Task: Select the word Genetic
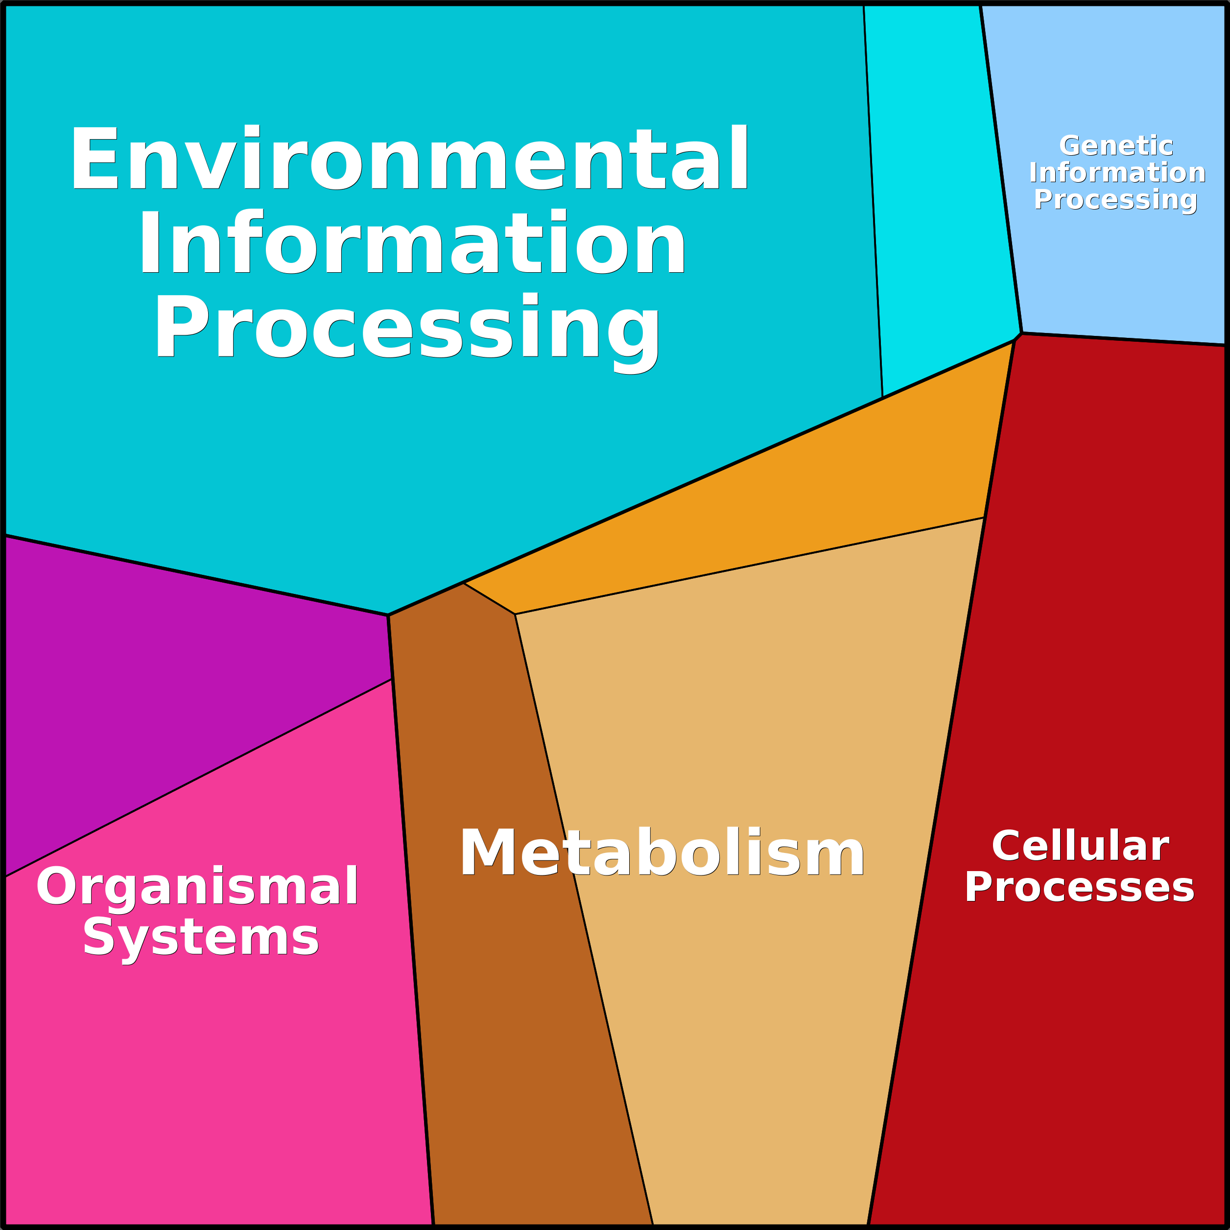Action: click(x=1116, y=146)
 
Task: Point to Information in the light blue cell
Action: click(x=1117, y=172)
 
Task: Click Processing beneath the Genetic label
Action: click(x=1115, y=199)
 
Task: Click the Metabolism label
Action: click(x=662, y=854)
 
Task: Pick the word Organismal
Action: click(x=197, y=886)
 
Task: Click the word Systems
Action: click(x=201, y=937)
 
